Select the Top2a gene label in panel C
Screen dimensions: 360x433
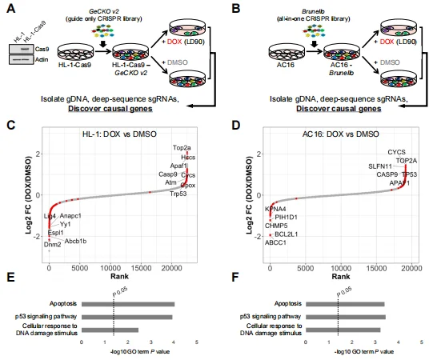[x=182, y=148]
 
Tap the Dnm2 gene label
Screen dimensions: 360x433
[x=53, y=244]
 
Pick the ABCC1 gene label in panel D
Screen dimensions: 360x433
[x=275, y=243]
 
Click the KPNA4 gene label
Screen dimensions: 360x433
[x=275, y=208]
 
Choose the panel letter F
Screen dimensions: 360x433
[x=226, y=283]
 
